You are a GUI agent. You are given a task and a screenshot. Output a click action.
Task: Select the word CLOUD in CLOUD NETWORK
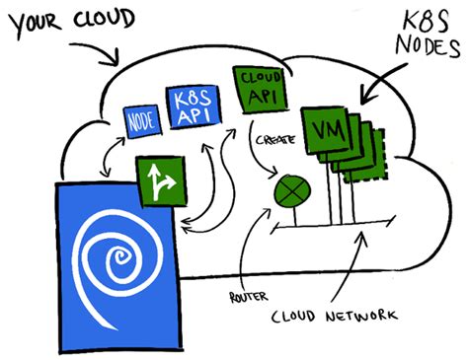coord(301,315)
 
